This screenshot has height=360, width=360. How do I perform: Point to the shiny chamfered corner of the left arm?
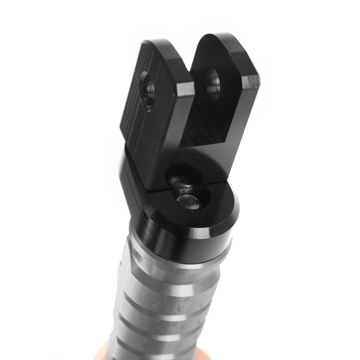tap(185, 89)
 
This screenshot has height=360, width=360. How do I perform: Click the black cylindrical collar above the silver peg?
tap(183, 243)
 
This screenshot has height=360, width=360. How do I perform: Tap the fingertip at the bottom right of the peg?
tap(204, 355)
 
